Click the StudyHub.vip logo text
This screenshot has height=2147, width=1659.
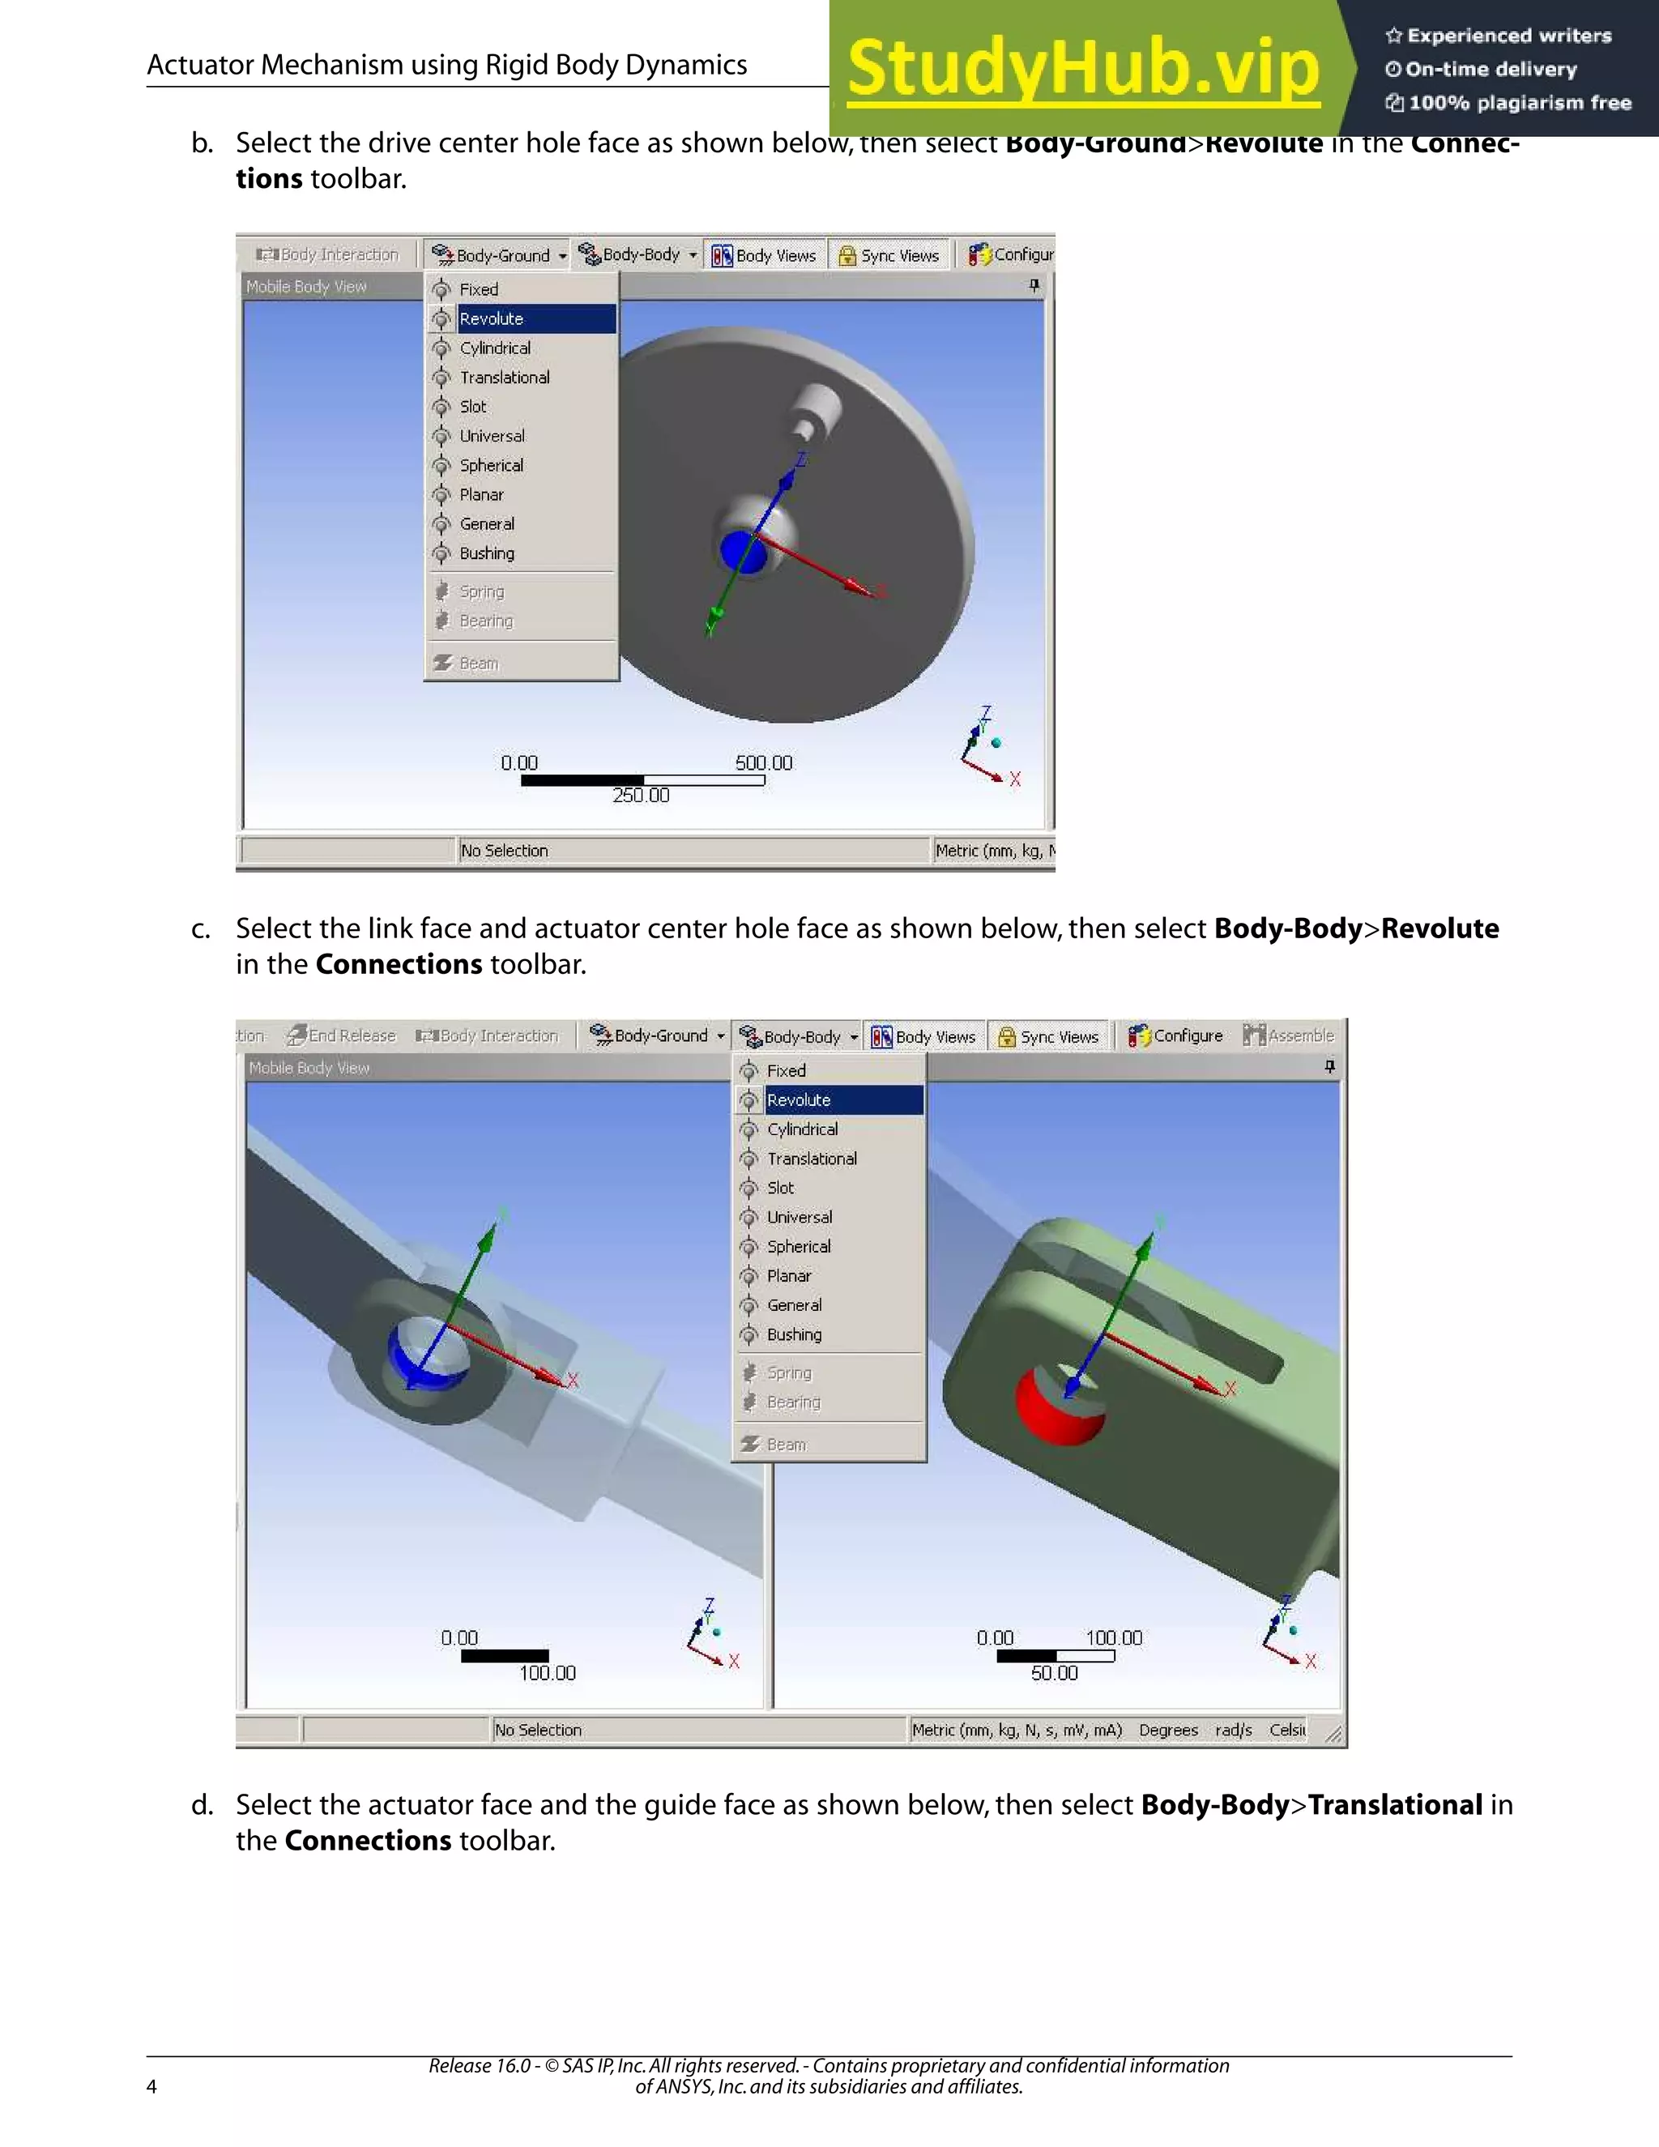click(1082, 69)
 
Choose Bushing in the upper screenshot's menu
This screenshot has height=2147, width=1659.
click(487, 553)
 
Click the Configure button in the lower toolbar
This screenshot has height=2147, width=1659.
click(1176, 1036)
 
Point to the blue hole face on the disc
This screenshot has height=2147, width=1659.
click(743, 552)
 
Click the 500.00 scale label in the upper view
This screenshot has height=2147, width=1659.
click(764, 763)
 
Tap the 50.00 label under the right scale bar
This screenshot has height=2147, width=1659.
click(1055, 1673)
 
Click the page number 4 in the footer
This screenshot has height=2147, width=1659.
click(151, 2086)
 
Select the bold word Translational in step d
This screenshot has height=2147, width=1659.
click(1395, 1805)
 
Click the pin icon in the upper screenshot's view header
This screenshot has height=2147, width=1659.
click(1034, 285)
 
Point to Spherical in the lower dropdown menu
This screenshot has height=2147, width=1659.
click(798, 1247)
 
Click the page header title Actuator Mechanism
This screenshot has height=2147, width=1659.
click(446, 65)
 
